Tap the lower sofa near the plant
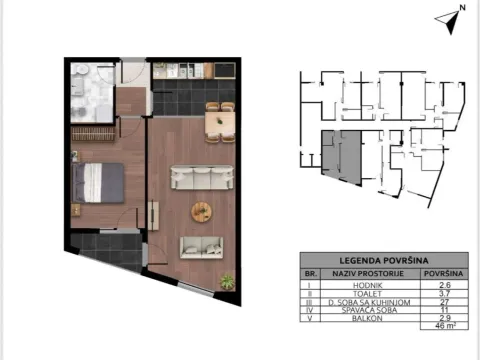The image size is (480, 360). point(204,247)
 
